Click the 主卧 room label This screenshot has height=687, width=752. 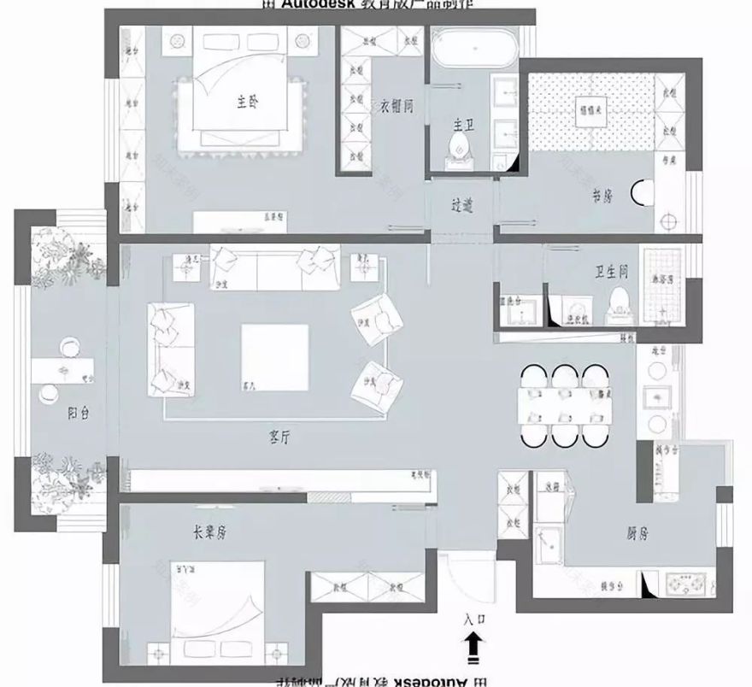point(248,101)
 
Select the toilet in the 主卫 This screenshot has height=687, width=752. point(461,147)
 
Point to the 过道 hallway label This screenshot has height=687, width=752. point(461,206)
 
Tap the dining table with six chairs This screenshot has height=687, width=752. point(564,406)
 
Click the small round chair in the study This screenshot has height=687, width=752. point(641,195)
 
